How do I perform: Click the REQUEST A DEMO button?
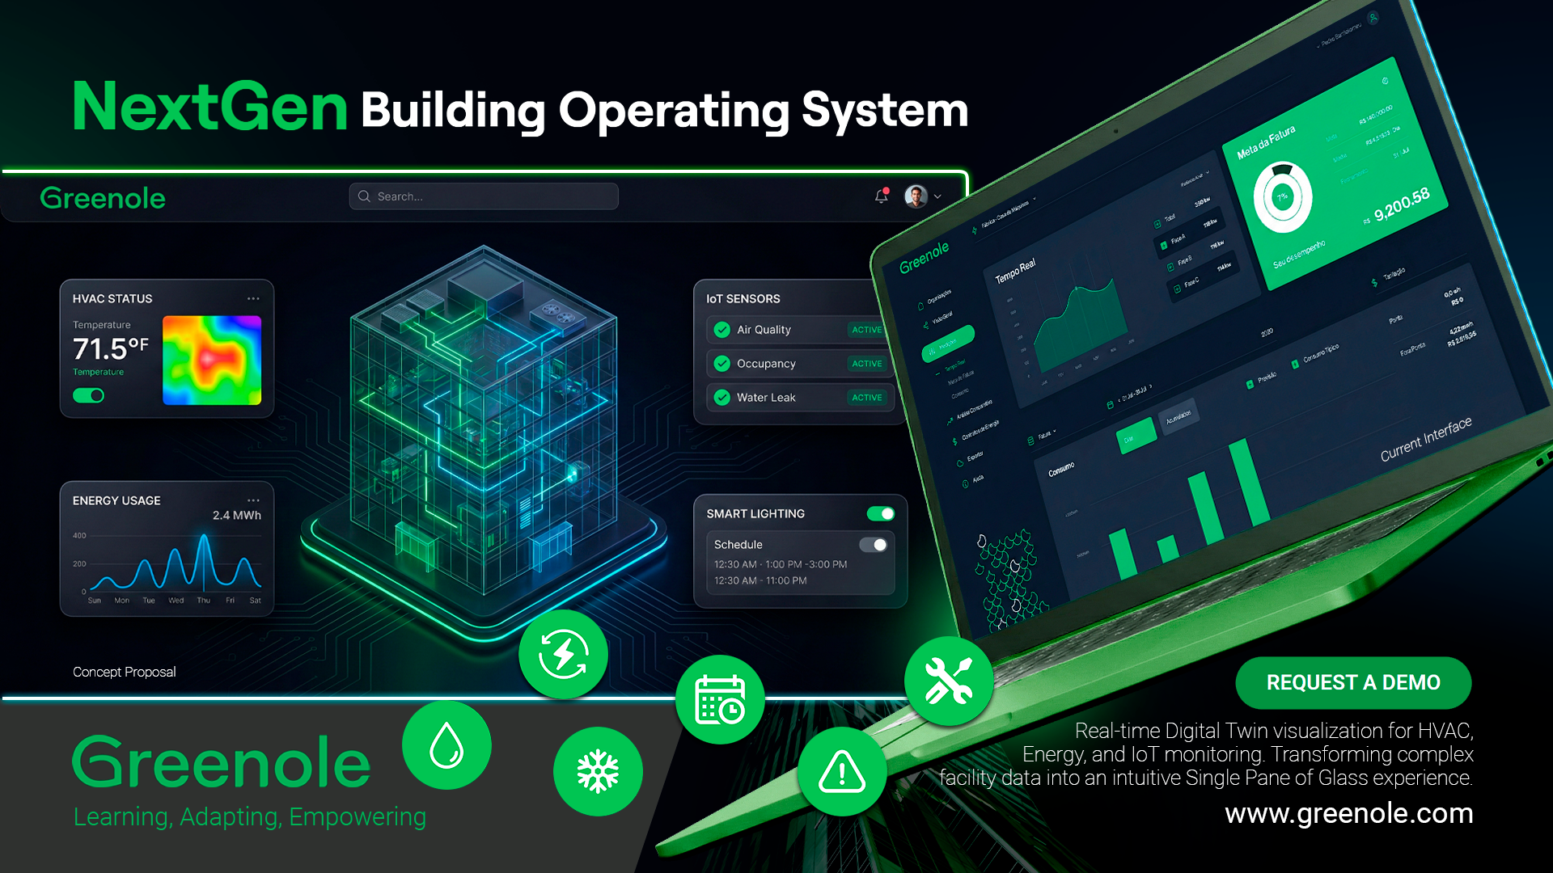1352,683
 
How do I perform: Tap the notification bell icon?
881,196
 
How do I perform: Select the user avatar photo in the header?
916,196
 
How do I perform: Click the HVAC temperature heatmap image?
212,361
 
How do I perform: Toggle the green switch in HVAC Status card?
89,395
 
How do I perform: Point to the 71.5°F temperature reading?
110,349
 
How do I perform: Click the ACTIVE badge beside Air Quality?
866,330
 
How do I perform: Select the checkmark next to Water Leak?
721,398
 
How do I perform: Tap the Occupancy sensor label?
766,364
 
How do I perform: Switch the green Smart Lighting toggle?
880,514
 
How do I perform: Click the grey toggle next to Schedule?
874,545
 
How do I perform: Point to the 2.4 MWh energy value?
236,516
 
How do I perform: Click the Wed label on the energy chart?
176,601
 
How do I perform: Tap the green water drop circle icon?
446,745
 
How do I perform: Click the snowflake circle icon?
598,771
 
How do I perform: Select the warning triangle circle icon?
842,771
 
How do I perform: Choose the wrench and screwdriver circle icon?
949,681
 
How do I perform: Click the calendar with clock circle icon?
720,699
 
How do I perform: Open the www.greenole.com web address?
1348,813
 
